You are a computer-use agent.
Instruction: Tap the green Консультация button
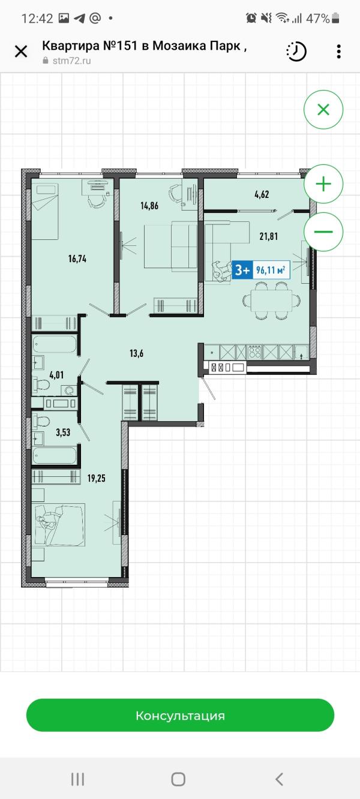click(180, 715)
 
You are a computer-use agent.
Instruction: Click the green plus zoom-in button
click(323, 184)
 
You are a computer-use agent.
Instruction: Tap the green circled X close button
click(323, 110)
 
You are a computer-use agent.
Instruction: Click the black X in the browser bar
click(21, 52)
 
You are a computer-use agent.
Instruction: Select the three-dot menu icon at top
click(338, 52)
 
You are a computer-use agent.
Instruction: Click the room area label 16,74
click(77, 259)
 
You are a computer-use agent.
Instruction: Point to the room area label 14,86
click(149, 206)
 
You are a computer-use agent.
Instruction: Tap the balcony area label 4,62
click(262, 195)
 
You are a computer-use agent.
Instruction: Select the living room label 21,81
click(269, 236)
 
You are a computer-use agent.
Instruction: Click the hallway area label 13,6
click(137, 353)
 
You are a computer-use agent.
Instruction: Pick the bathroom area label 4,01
click(57, 375)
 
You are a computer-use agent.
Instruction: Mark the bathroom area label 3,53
click(63, 432)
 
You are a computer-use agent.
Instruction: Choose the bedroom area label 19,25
click(97, 478)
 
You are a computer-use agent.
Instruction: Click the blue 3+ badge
click(242, 270)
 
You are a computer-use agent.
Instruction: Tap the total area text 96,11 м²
click(271, 270)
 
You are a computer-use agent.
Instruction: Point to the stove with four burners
click(254, 352)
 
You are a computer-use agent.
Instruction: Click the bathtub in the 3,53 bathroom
click(55, 455)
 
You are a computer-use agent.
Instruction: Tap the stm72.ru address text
click(72, 61)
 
